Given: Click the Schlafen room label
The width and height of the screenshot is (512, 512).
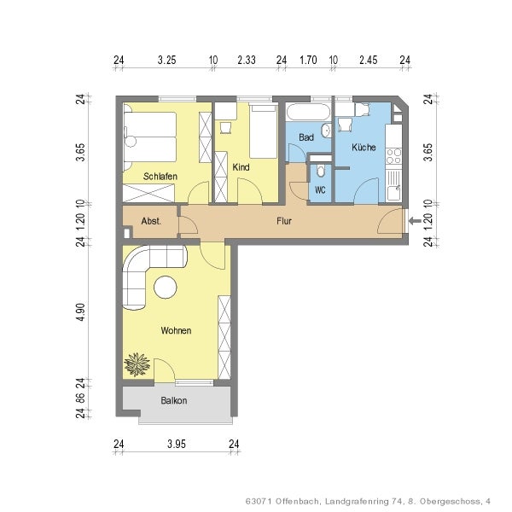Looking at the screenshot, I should coord(160,177).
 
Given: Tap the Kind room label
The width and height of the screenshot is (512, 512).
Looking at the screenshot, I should coord(241,167).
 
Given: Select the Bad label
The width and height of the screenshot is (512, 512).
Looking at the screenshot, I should coord(306,137).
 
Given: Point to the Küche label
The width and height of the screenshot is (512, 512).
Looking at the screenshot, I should coord(363,148).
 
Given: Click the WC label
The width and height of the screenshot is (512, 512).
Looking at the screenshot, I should coord(320,189).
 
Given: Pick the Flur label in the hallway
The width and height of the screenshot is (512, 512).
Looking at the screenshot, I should coord(285,221).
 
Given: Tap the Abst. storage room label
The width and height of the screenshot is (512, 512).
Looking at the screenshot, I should coord(151,221).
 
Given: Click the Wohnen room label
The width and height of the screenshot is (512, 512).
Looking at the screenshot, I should coord(176,330).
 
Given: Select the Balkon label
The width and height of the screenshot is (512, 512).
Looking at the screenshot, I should coord(174,400).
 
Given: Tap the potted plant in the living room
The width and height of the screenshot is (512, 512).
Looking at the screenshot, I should coord(136,365).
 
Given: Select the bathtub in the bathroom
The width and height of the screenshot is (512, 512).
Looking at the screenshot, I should coord(306,113).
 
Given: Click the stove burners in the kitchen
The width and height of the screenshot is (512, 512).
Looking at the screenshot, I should coord(393,156).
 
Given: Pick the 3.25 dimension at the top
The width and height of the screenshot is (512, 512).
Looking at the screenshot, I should coord(167,61).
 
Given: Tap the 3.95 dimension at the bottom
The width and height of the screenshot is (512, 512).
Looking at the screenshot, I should coord(176,443).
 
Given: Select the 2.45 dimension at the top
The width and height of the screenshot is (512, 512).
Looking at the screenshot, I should coord(368,61).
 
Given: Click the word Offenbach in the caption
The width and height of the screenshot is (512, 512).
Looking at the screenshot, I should coord(294,501).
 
